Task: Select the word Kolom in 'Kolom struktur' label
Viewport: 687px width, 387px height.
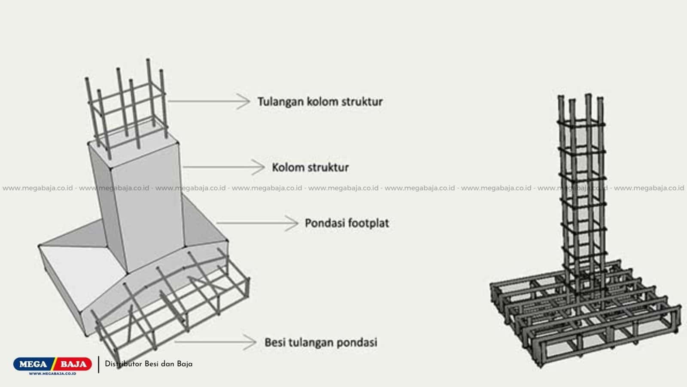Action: [x=288, y=167]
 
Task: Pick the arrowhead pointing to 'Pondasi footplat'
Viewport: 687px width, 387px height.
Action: [x=292, y=223]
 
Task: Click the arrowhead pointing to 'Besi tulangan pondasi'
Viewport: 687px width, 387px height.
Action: [x=249, y=342]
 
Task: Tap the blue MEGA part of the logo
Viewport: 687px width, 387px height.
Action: [x=33, y=364]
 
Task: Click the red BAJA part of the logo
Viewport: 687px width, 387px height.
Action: [x=73, y=364]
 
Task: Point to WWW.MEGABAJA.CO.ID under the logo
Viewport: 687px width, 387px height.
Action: [x=52, y=374]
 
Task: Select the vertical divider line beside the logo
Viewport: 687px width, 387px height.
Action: [x=99, y=365]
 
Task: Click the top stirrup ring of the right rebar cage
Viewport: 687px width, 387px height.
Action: [x=581, y=124]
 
